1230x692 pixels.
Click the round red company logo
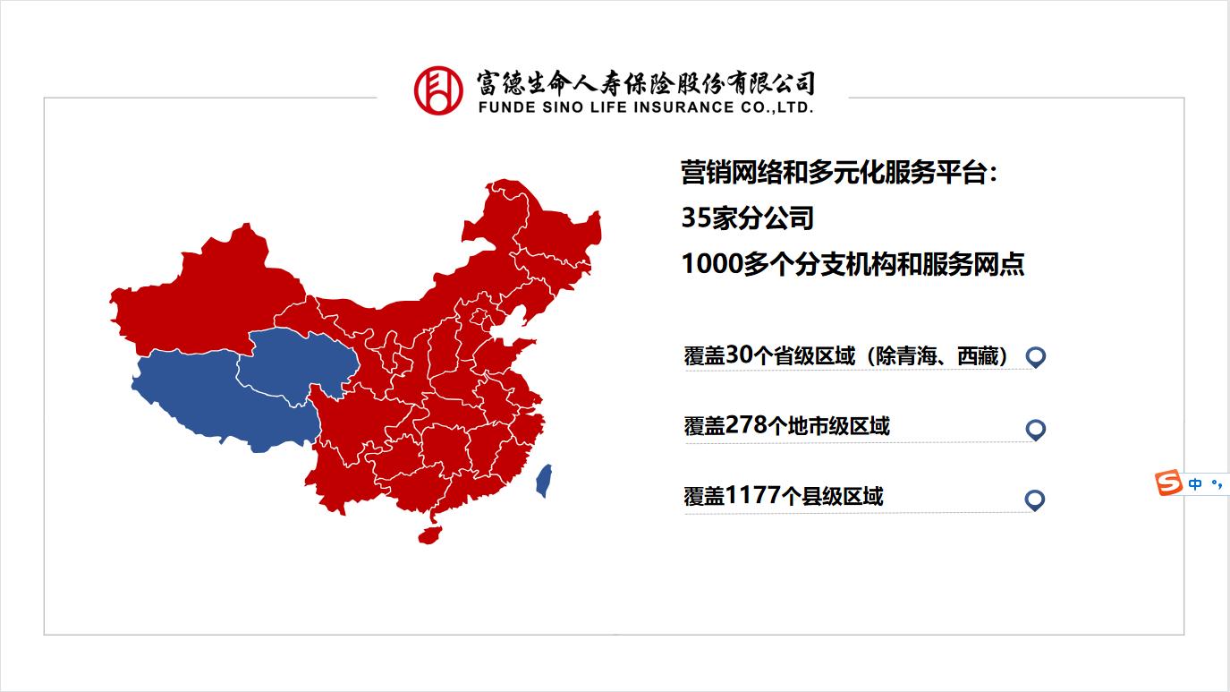(437, 90)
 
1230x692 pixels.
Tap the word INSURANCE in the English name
(678, 108)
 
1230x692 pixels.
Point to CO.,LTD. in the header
(777, 108)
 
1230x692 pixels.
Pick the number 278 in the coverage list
(747, 426)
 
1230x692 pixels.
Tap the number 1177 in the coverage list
(753, 495)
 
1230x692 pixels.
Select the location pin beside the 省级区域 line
(1035, 356)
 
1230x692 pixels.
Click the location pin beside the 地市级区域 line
(1035, 429)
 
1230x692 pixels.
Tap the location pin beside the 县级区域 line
(1034, 500)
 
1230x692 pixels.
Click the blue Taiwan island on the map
(543, 481)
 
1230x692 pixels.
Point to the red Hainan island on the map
(429, 534)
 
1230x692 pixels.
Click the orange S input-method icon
(1166, 483)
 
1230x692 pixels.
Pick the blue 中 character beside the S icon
(1195, 484)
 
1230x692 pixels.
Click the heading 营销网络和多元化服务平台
(838, 173)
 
